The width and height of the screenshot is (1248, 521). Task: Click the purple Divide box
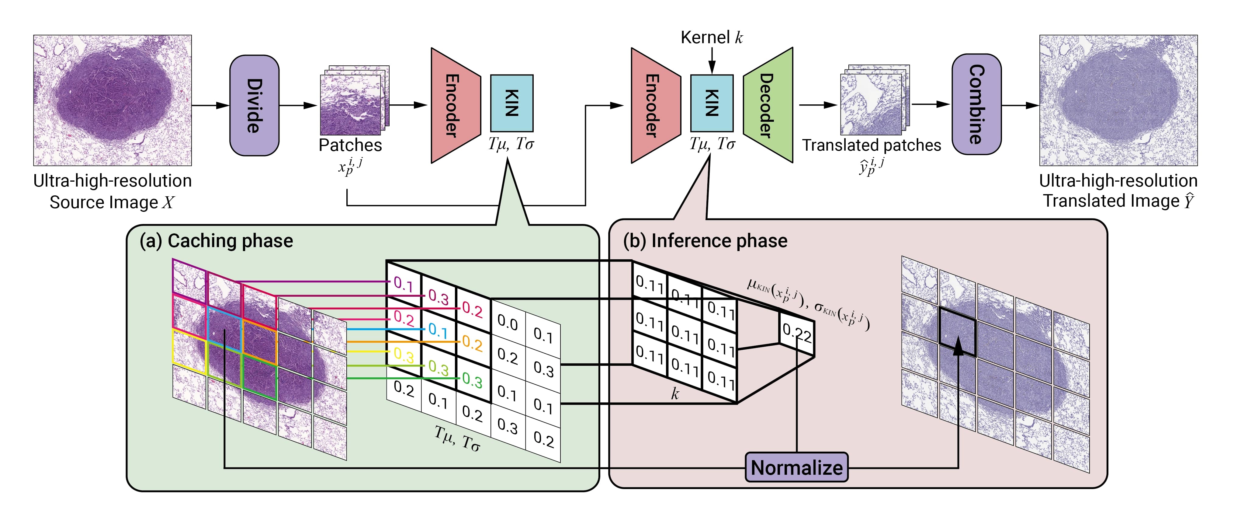[254, 105]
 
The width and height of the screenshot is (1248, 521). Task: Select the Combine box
[976, 104]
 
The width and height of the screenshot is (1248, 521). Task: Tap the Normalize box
[796, 467]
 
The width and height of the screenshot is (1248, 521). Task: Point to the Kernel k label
[711, 38]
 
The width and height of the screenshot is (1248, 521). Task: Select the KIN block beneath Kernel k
[711, 103]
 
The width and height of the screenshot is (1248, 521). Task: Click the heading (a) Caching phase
[216, 241]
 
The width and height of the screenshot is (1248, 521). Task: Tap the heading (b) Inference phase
[705, 241]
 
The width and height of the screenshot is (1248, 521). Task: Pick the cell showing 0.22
[796, 334]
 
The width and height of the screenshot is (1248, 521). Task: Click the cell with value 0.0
[508, 322]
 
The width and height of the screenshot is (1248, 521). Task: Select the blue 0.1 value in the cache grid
[438, 331]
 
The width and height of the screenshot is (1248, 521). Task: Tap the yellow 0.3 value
[404, 355]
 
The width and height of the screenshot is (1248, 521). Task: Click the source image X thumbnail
[113, 100]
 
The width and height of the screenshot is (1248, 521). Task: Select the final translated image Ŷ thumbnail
[1118, 100]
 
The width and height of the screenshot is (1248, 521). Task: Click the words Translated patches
[871, 145]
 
